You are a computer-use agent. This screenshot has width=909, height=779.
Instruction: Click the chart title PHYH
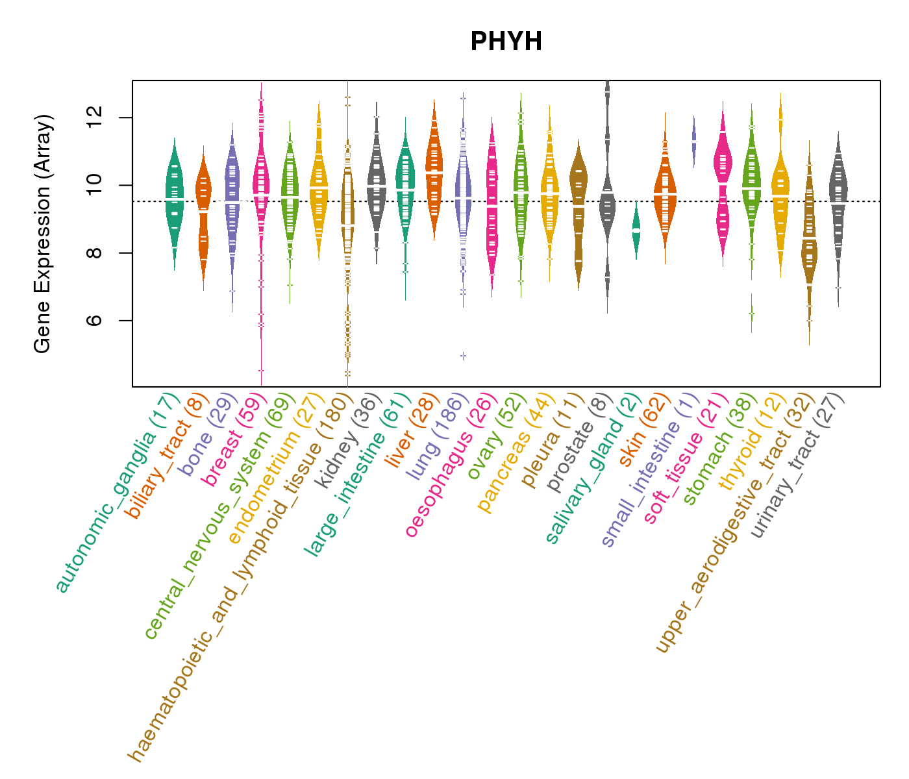click(506, 42)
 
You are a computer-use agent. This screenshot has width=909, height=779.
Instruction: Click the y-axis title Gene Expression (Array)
click(43, 234)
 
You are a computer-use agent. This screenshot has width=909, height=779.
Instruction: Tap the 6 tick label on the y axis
click(95, 321)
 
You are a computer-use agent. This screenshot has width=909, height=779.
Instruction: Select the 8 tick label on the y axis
click(95, 253)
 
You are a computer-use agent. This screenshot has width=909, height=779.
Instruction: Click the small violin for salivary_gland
click(636, 230)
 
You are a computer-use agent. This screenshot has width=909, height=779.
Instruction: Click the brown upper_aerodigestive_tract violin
click(809, 247)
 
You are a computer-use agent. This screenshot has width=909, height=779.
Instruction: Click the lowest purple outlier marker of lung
click(463, 356)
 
